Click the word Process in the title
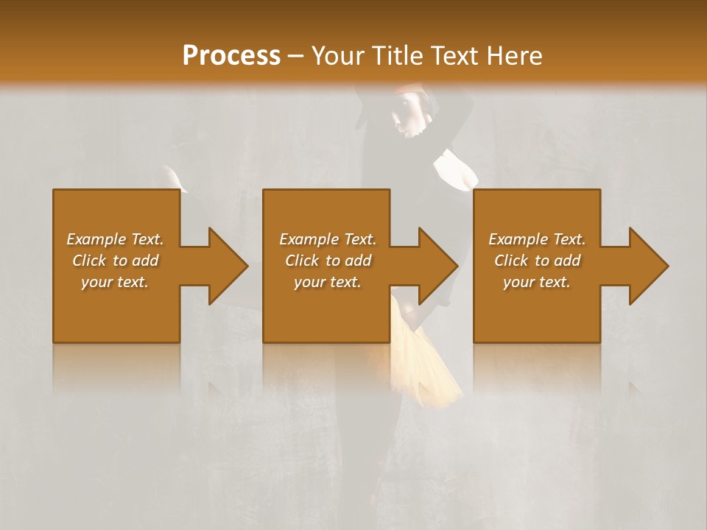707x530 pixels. click(231, 55)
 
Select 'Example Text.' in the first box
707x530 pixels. click(115, 239)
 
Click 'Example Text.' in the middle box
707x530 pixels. click(327, 239)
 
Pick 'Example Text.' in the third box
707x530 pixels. click(537, 239)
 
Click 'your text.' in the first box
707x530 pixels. click(115, 282)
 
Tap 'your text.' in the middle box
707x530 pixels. click(327, 282)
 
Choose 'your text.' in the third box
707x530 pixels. click(537, 282)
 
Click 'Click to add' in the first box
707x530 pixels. click(115, 261)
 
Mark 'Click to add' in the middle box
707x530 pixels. click(327, 261)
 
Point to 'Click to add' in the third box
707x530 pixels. click(537, 261)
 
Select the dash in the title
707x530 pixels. click(295, 57)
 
